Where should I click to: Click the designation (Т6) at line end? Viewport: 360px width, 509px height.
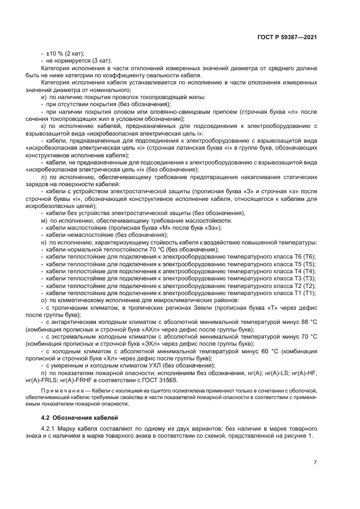[x=308, y=256]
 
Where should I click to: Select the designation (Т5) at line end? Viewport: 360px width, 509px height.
[x=308, y=263]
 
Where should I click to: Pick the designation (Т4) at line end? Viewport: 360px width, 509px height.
[x=308, y=271]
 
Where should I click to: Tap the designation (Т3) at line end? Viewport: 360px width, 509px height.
[x=308, y=278]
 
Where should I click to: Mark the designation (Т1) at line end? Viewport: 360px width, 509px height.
[x=308, y=293]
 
